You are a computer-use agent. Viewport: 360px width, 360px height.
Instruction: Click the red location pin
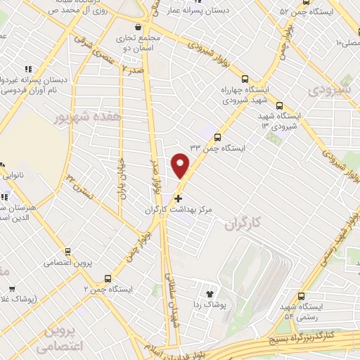[181, 167]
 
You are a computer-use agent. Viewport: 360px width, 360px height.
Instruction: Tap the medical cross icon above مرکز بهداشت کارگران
[176, 199]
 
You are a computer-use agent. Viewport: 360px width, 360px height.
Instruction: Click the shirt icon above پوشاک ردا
[208, 294]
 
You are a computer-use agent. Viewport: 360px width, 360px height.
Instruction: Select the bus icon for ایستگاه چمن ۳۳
[217, 138]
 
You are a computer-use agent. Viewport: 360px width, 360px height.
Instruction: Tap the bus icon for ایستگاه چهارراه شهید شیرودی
[245, 79]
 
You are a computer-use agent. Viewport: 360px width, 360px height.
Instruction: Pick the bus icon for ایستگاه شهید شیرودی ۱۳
[280, 104]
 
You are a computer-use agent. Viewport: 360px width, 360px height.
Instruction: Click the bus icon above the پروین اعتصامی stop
[67, 252]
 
